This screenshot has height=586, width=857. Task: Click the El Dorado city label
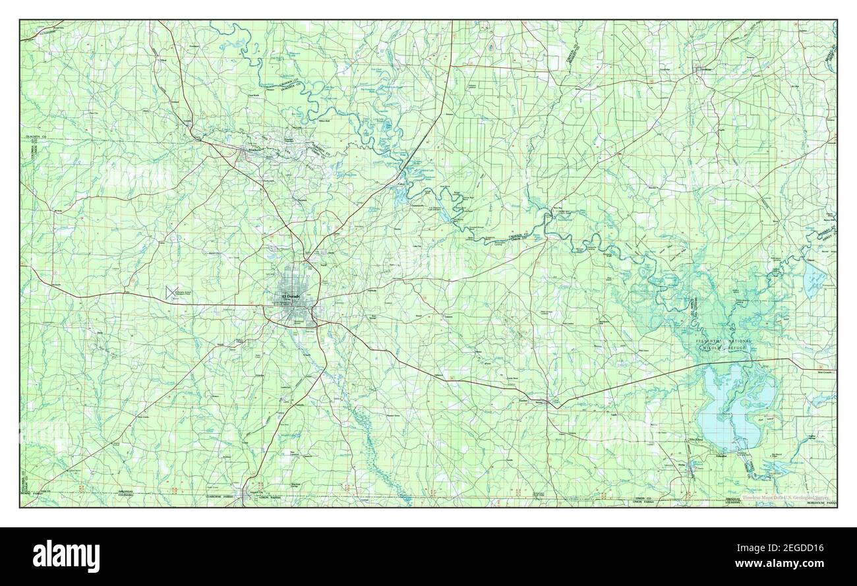[x=291, y=297]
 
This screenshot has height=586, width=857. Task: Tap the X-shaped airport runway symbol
[x=173, y=291]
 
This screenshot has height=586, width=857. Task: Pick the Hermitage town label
[x=702, y=68]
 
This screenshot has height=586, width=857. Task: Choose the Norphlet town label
[x=302, y=199]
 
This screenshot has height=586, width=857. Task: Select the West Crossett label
[x=824, y=372]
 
